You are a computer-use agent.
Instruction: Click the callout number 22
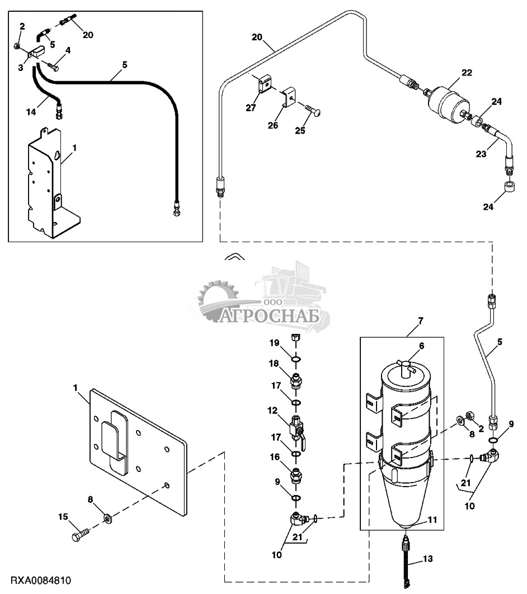point(467,72)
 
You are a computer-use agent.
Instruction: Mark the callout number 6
point(421,346)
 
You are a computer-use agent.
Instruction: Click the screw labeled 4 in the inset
point(54,67)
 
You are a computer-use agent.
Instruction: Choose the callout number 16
point(275,456)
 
